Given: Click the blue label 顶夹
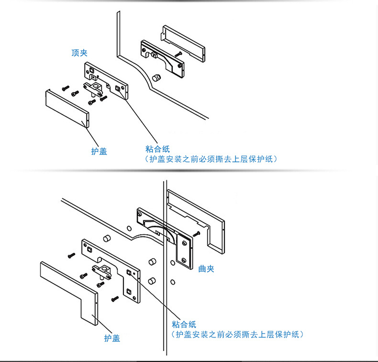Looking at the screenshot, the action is (x=79, y=53).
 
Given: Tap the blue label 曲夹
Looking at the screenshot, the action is (x=206, y=269).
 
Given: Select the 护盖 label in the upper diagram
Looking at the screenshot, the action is (x=99, y=151).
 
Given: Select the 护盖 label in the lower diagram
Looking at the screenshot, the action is (x=112, y=338).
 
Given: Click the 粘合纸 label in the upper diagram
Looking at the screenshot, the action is (x=158, y=149).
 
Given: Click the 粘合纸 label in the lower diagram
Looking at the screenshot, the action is (x=184, y=324).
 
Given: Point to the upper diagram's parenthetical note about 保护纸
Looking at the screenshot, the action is (x=211, y=159).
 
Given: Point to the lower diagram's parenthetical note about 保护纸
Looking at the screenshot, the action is (x=237, y=334).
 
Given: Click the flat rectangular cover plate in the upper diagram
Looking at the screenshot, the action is (x=67, y=108).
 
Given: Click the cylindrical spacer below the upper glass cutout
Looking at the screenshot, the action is (x=156, y=78).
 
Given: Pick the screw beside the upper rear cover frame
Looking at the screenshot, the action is (x=178, y=54).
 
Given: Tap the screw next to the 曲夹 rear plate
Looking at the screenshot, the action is (x=196, y=234).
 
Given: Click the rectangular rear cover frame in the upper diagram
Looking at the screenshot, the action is (x=183, y=44).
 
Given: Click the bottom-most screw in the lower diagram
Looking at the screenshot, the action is (x=115, y=299).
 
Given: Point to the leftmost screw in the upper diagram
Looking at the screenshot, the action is (x=66, y=88).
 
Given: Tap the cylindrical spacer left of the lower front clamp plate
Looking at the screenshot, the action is (x=107, y=238).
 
